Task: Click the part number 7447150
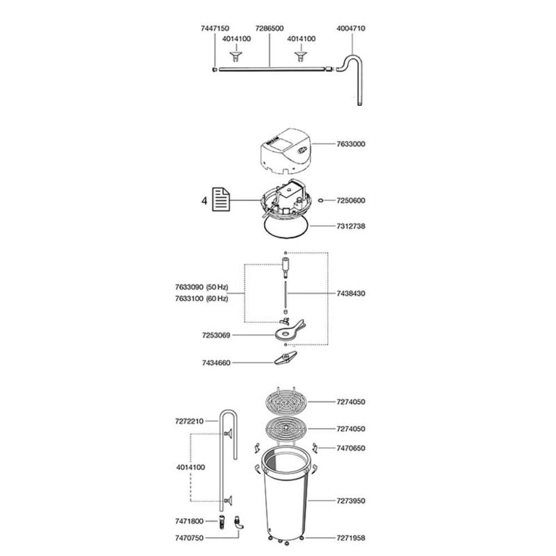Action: tap(215, 28)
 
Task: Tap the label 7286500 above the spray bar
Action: tap(270, 28)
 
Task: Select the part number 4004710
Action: tap(351, 28)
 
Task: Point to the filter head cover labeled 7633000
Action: tap(286, 151)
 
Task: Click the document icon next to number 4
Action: tap(221, 200)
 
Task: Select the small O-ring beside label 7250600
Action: tap(321, 201)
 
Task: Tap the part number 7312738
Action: tap(351, 226)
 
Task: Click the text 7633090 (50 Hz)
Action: tap(201, 287)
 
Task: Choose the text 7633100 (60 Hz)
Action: tap(201, 299)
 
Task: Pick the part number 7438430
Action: tap(351, 294)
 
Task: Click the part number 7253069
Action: tap(216, 335)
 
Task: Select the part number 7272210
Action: tap(190, 421)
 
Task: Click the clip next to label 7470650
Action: tap(315, 448)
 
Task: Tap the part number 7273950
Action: tap(351, 501)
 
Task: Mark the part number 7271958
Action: tap(351, 538)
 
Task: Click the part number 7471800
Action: tap(190, 522)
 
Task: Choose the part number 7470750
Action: tap(190, 538)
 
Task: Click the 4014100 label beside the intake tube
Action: tap(191, 468)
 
